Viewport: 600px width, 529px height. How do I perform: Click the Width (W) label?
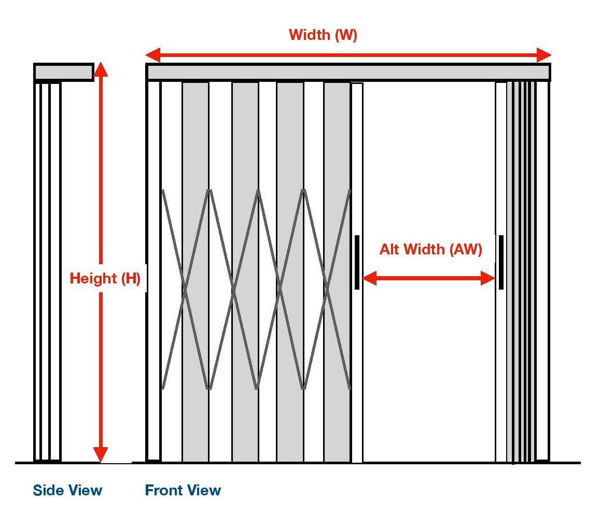click(x=323, y=35)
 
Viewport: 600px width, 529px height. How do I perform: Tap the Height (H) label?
click(x=105, y=279)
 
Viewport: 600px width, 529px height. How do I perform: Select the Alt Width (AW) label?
click(x=430, y=250)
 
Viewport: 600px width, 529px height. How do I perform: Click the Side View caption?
click(x=67, y=490)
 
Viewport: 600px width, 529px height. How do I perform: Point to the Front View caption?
click(x=183, y=490)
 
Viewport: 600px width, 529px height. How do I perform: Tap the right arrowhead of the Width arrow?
click(x=544, y=55)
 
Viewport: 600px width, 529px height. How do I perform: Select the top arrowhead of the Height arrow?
click(x=101, y=69)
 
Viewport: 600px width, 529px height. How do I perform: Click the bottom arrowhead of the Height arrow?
click(x=101, y=454)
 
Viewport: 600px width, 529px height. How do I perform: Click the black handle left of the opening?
click(x=357, y=262)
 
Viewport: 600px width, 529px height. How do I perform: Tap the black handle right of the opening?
click(x=501, y=262)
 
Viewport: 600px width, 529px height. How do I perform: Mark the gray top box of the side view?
click(x=64, y=72)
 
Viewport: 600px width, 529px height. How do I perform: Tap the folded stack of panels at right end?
click(x=521, y=269)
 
